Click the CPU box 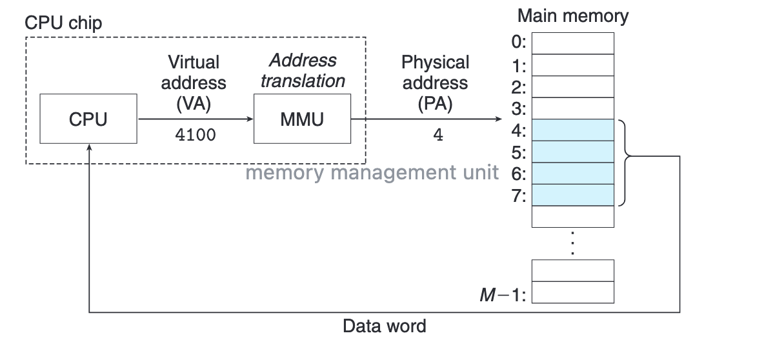pyautogui.click(x=88, y=119)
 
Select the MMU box pyautogui.click(x=302, y=119)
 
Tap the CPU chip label pyautogui.click(x=63, y=23)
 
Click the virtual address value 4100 pyautogui.click(x=196, y=136)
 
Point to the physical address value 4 pyautogui.click(x=438, y=136)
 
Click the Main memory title pyautogui.click(x=572, y=15)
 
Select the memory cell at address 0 pyautogui.click(x=572, y=43)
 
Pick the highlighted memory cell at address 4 pyautogui.click(x=572, y=130)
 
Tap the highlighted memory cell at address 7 pyautogui.click(x=572, y=195)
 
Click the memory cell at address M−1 pyautogui.click(x=572, y=292)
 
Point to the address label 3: pyautogui.click(x=519, y=108)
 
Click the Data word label pyautogui.click(x=384, y=326)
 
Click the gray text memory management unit pyautogui.click(x=372, y=173)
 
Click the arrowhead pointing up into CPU pyautogui.click(x=88, y=147)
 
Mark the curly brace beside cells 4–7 pyautogui.click(x=624, y=162)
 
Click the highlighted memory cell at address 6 pyautogui.click(x=572, y=174)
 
